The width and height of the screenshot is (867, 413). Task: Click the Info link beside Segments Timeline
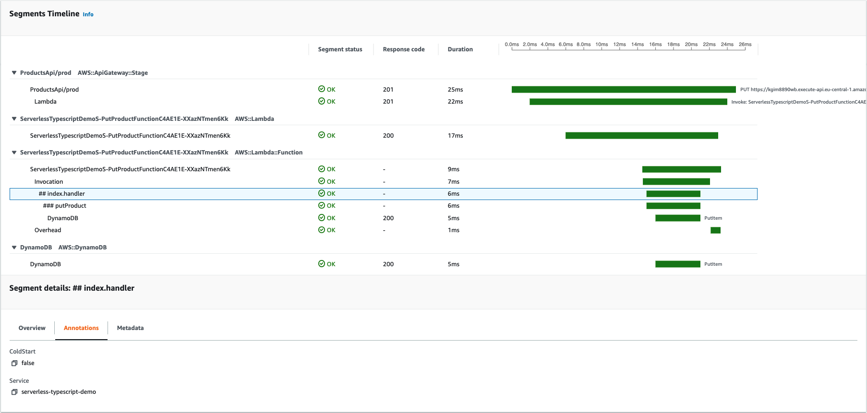(x=88, y=14)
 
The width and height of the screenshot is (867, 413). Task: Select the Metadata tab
(x=130, y=328)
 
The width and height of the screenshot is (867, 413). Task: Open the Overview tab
(x=32, y=328)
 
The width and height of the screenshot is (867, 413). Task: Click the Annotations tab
(x=81, y=328)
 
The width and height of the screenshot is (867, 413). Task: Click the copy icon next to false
(x=14, y=363)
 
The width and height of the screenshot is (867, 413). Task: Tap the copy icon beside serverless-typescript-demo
(x=14, y=392)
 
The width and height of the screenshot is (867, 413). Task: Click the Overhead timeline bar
(x=715, y=230)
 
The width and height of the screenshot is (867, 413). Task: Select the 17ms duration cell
(x=455, y=136)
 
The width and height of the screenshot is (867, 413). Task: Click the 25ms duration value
(x=455, y=90)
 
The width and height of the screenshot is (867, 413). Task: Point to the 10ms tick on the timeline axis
(x=602, y=45)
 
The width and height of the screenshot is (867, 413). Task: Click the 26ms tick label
(x=745, y=45)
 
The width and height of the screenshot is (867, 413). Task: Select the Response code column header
(x=403, y=49)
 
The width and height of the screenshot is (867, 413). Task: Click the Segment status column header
(x=340, y=49)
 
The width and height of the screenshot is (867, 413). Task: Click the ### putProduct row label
(x=65, y=206)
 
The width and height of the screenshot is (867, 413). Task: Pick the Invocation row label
(x=48, y=182)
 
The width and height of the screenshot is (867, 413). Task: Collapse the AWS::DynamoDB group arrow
(x=14, y=248)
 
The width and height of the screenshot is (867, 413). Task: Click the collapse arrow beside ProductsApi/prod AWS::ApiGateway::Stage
(x=14, y=73)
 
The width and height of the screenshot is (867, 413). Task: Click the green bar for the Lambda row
(x=628, y=102)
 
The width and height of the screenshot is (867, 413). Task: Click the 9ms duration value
(x=453, y=169)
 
